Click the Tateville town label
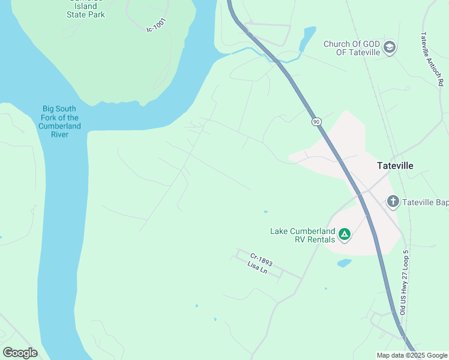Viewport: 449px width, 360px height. (395, 166)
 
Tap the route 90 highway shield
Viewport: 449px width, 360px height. (316, 122)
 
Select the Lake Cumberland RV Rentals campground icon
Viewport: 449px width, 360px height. (345, 234)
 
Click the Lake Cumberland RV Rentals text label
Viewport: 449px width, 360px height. (302, 235)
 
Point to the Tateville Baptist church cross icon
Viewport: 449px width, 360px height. (393, 201)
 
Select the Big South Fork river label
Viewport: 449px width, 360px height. (59, 122)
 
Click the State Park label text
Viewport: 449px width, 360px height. (85, 14)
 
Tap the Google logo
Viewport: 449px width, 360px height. (20, 353)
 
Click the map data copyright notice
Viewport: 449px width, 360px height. (412, 355)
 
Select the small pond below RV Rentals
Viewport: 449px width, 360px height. (344, 263)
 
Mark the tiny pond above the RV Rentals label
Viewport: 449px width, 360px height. (265, 212)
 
